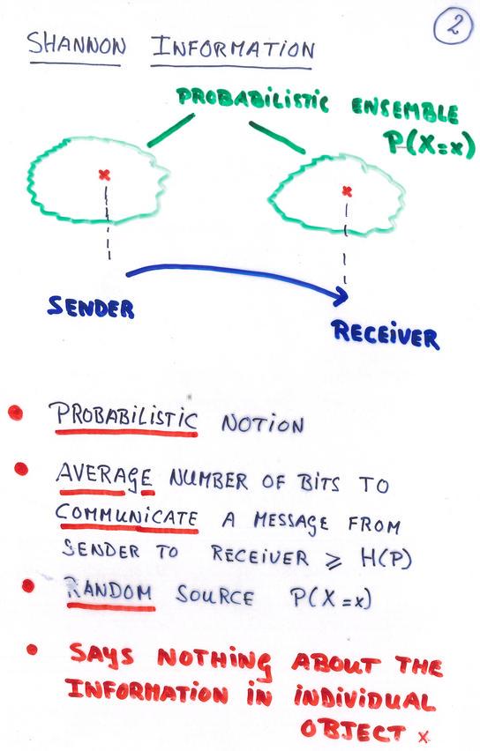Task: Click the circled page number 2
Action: click(x=453, y=26)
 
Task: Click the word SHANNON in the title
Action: click(x=76, y=45)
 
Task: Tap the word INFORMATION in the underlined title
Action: click(x=233, y=48)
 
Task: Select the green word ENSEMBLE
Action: click(x=404, y=111)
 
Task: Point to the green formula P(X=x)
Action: click(x=429, y=145)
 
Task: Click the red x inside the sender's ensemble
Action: click(x=104, y=175)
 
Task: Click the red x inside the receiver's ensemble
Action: click(x=347, y=191)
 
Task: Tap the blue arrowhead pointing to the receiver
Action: click(x=340, y=295)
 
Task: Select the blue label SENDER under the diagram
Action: click(x=91, y=307)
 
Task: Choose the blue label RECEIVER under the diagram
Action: click(x=385, y=335)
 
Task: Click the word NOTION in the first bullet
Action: click(x=262, y=423)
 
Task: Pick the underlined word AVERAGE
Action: click(x=104, y=478)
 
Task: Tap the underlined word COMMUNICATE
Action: click(x=126, y=517)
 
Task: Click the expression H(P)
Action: click(x=386, y=556)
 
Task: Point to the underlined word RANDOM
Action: click(x=109, y=591)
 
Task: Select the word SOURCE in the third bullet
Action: click(x=214, y=596)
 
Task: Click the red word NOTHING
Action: click(x=214, y=661)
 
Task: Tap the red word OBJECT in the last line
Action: click(x=353, y=730)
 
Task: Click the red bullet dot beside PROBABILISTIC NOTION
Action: click(x=15, y=413)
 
